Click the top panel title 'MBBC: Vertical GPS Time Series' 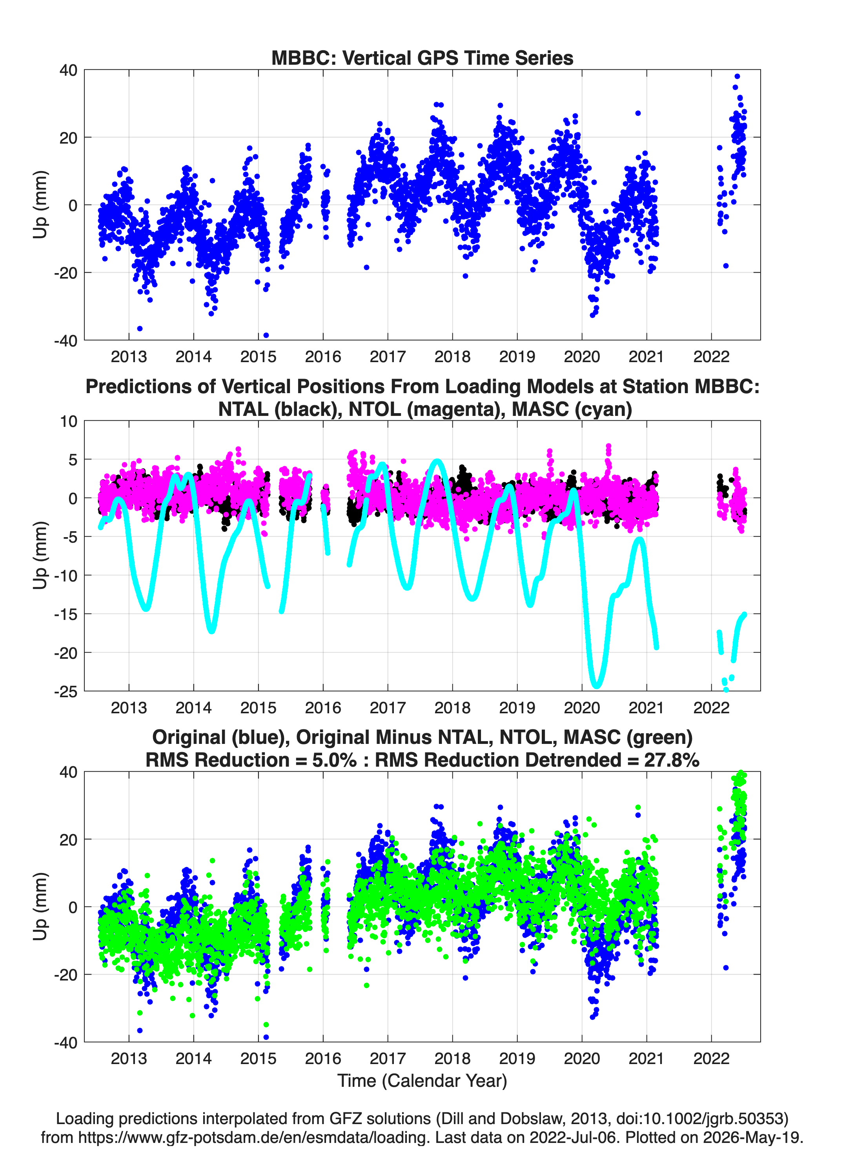pos(422,58)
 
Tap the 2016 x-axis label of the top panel pos(323,357)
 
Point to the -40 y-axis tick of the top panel pos(66,341)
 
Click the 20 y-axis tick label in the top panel pos(69,138)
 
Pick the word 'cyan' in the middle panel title pos(604,409)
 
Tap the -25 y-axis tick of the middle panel pos(66,691)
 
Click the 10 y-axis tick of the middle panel pos(69,421)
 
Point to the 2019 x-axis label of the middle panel pos(517,708)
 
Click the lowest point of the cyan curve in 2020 pos(597,686)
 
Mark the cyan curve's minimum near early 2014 pos(211,631)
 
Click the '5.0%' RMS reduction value pos(334,760)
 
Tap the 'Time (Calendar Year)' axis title pos(422,1081)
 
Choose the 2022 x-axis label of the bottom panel pos(711,1059)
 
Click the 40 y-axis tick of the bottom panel pos(69,772)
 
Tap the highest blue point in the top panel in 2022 pos(737,77)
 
